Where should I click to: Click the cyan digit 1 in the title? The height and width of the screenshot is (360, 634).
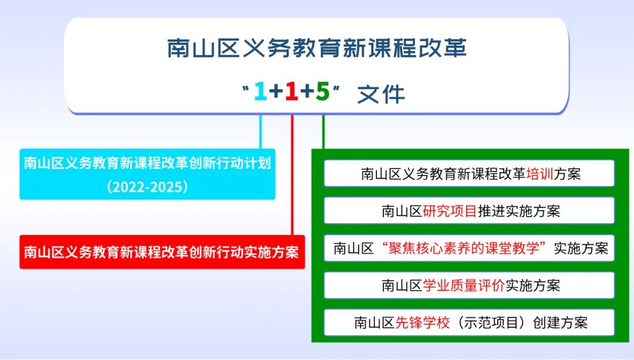[x=261, y=92]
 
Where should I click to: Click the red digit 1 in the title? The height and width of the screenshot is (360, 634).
[x=292, y=92]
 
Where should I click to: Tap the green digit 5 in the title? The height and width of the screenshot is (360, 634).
[x=323, y=92]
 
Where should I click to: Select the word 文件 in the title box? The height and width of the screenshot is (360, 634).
[x=381, y=94]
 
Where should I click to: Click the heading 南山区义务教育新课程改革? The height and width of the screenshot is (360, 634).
[x=317, y=48]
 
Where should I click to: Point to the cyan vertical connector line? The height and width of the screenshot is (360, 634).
[x=261, y=132]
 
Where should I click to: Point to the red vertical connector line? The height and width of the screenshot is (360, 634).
[x=292, y=175]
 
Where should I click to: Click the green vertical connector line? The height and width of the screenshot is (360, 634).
[x=323, y=132]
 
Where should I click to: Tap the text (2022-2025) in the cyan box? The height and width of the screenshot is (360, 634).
[x=147, y=187]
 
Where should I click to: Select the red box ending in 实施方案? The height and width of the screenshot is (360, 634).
[x=162, y=252]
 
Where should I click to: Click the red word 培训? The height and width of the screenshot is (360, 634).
[x=540, y=174]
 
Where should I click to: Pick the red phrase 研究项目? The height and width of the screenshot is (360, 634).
[x=450, y=211]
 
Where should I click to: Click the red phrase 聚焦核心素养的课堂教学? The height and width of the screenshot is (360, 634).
[x=464, y=248]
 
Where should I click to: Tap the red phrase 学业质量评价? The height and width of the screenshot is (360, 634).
[x=464, y=285]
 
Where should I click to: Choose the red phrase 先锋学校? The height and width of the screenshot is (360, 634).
[x=422, y=323]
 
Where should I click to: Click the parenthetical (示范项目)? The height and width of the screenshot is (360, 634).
[x=491, y=323]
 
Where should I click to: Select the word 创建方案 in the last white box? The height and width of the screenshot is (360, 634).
[x=560, y=323]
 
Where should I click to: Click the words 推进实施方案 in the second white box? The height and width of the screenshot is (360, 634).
[x=519, y=211]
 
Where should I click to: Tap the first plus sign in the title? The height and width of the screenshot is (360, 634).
[x=276, y=92]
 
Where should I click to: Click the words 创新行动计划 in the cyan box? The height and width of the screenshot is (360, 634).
[x=230, y=163]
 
